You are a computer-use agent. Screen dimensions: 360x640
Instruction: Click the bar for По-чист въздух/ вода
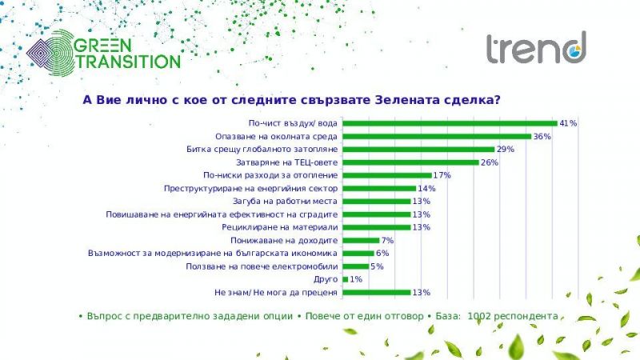pyautogui.click(x=449, y=123)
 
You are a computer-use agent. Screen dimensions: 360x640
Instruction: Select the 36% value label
pyautogui.click(x=542, y=136)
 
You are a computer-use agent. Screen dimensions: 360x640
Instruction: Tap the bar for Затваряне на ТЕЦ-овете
pyautogui.click(x=410, y=162)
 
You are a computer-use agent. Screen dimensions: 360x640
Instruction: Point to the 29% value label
pyautogui.click(x=505, y=150)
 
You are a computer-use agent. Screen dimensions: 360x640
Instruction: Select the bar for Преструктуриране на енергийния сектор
pyautogui.click(x=378, y=188)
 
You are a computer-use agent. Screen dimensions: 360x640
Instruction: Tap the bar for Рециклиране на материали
pyautogui.click(x=376, y=227)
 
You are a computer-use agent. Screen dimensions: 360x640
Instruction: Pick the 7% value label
pyautogui.click(x=387, y=240)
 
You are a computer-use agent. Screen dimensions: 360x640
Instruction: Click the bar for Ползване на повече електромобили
pyautogui.click(x=355, y=266)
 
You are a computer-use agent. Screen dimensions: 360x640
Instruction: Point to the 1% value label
pyautogui.click(x=357, y=279)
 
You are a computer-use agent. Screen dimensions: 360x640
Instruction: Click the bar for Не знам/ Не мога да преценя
pyautogui.click(x=376, y=292)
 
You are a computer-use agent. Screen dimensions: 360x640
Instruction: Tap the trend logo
pyautogui.click(x=537, y=48)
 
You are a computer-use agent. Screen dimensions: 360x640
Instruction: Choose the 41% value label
pyautogui.click(x=568, y=123)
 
